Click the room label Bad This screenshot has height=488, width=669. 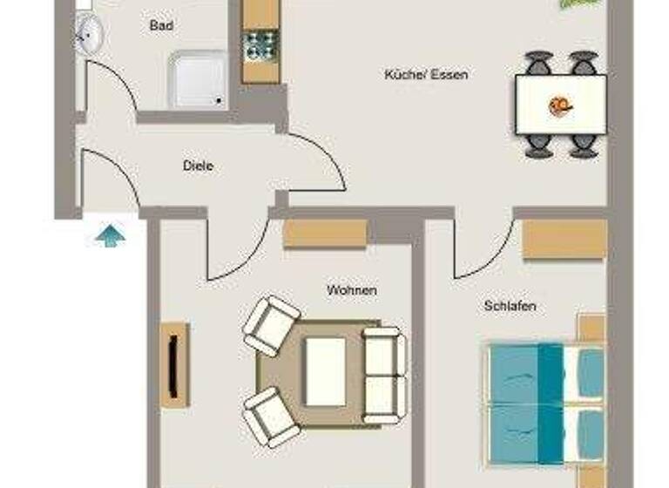coord(161,26)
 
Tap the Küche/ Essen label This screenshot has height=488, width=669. coord(426,75)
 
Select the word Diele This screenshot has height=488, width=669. coord(199,166)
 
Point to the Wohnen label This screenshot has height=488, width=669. coord(352,289)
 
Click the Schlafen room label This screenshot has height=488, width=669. coord(510,306)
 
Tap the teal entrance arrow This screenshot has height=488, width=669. coord(111,234)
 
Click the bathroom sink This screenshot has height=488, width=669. coord(90,36)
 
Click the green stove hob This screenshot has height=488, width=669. coord(260,44)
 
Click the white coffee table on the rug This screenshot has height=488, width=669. coord(325,372)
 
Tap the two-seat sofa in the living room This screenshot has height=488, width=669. coord(383,375)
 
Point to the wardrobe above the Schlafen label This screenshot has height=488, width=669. coord(564,240)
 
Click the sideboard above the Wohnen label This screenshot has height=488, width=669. coord(325,234)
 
